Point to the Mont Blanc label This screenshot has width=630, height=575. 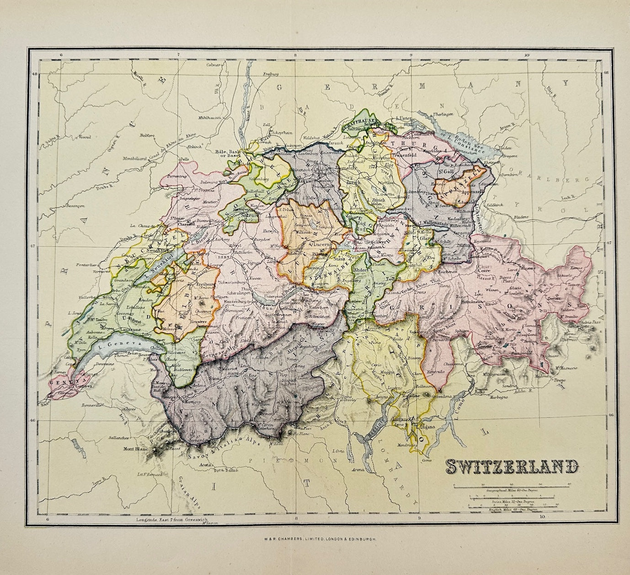pos(134,449)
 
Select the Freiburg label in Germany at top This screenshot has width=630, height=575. pos(271,74)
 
